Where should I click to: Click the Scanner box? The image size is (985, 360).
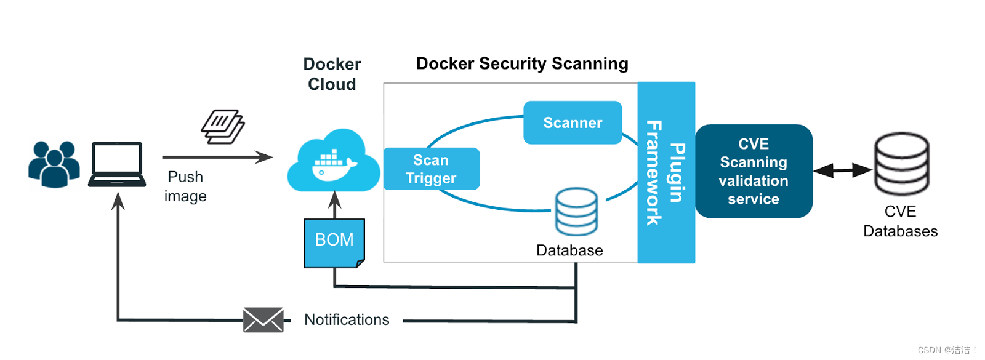[x=573, y=122]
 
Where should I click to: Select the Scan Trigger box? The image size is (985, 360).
[x=431, y=169]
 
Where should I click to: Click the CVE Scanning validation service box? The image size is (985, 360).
[x=754, y=171]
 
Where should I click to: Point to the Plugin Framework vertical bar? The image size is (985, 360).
[x=666, y=172]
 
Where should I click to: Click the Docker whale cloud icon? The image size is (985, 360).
[x=333, y=162]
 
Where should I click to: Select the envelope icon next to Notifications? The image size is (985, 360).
[x=263, y=320]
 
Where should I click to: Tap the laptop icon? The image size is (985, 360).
[x=117, y=164]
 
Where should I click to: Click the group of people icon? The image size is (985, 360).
[x=54, y=164]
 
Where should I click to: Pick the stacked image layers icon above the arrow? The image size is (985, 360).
[x=223, y=127]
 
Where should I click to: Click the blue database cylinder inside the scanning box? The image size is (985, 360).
[x=576, y=212]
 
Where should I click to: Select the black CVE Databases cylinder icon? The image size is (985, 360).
[x=902, y=164]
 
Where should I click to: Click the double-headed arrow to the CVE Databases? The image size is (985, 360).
[x=843, y=170]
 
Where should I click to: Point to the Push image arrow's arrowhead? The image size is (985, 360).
[x=265, y=157]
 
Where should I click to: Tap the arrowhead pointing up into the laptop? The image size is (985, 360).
[x=118, y=201]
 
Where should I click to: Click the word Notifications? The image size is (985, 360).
[x=347, y=320]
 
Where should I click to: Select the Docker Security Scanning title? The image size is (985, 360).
[x=522, y=63]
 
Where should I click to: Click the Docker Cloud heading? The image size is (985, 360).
[x=332, y=74]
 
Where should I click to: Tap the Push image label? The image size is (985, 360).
[x=185, y=186]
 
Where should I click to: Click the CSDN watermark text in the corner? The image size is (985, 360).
[x=947, y=350]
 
